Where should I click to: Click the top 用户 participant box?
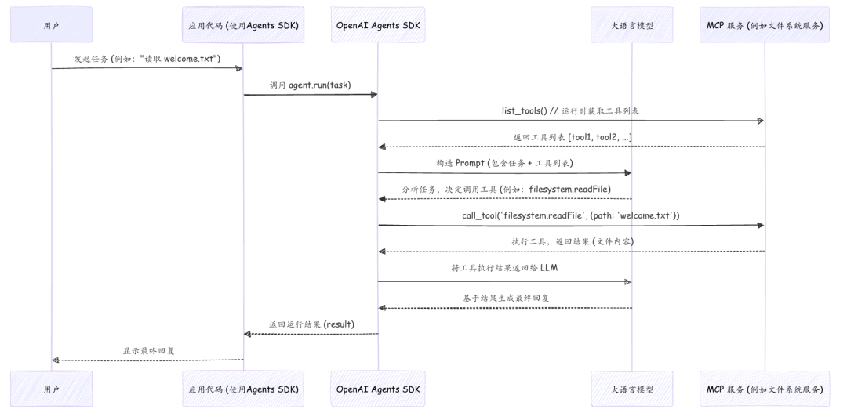(51, 24)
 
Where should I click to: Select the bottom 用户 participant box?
(51, 389)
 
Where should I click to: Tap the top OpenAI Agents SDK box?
(378, 24)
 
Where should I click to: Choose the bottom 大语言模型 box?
(631, 389)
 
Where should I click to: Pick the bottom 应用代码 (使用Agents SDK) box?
(242, 389)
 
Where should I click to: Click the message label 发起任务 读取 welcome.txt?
(147, 58)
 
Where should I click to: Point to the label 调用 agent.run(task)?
(311, 85)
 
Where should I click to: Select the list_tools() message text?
(570, 110)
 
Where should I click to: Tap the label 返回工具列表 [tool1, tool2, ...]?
(573, 137)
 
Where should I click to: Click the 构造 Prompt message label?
(504, 163)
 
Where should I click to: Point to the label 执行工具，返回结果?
(573, 241)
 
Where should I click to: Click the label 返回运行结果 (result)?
(311, 324)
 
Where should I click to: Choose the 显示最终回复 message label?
(147, 350)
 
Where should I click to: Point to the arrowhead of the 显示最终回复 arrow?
(56, 360)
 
